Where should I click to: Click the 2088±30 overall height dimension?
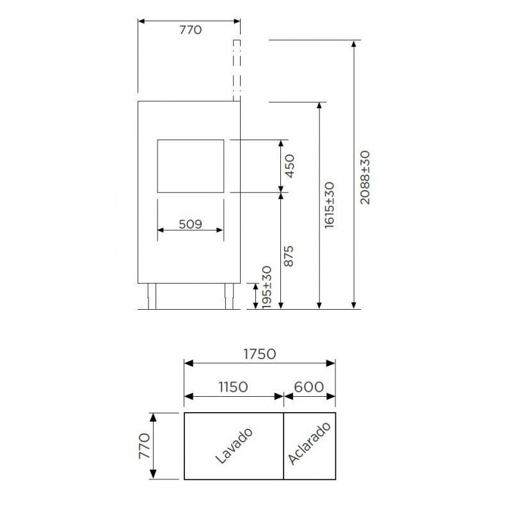(365, 178)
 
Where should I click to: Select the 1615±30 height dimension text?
(330, 205)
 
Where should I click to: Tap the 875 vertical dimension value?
(289, 257)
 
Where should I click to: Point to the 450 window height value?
(289, 166)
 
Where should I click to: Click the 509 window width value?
(190, 224)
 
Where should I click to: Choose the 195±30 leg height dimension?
(266, 287)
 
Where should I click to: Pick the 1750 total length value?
(260, 354)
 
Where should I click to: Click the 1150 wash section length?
(233, 387)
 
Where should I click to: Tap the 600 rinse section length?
(309, 387)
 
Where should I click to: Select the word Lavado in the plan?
(234, 445)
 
